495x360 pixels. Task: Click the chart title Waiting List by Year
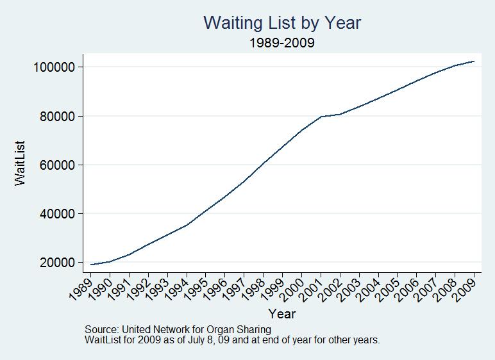point(282,23)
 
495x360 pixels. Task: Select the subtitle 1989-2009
point(282,44)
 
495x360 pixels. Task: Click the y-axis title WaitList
point(21,165)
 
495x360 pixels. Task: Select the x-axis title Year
point(282,314)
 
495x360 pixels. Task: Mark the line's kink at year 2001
point(321,117)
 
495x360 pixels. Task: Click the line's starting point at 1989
point(90,265)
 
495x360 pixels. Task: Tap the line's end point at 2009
point(474,61)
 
